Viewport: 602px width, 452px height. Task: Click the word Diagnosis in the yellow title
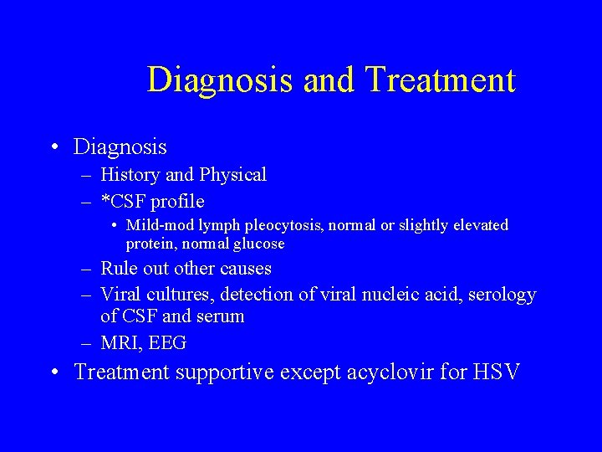220,80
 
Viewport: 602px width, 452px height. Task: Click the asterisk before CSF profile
105,199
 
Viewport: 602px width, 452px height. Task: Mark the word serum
221,316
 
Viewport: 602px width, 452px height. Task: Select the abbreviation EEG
170,342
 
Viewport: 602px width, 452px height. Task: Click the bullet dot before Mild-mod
115,225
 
